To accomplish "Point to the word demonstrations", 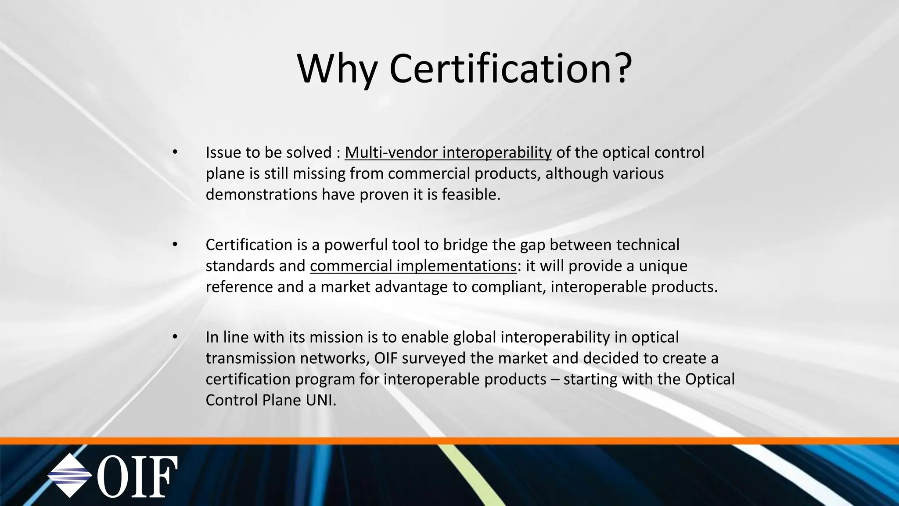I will coord(262,194).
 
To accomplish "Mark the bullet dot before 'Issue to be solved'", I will coord(175,152).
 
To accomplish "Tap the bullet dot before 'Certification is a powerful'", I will coord(175,245).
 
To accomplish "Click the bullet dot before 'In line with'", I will coord(175,337).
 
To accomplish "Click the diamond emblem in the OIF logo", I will coord(70,476).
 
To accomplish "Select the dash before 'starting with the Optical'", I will coord(554,379).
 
